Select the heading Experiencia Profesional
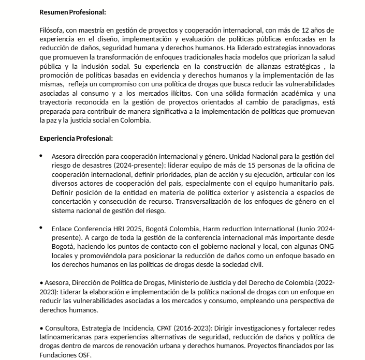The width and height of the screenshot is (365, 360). coord(76,138)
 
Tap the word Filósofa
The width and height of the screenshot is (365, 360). coord(52,29)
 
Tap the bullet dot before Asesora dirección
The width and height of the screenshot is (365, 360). coord(41,156)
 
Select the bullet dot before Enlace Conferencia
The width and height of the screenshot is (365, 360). coord(41,228)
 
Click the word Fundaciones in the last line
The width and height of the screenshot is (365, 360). coord(59,356)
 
